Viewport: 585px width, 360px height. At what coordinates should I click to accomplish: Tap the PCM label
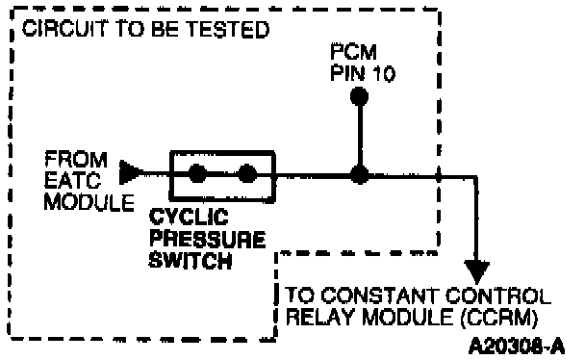click(x=353, y=52)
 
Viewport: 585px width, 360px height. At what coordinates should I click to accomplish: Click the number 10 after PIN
click(x=384, y=73)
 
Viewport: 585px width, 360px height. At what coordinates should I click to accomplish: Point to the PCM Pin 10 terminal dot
click(x=359, y=96)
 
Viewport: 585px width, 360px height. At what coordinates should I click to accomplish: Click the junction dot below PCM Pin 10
click(x=359, y=175)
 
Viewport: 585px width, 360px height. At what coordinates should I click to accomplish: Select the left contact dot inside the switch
click(x=198, y=173)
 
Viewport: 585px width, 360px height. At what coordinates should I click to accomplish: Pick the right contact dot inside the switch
click(x=247, y=173)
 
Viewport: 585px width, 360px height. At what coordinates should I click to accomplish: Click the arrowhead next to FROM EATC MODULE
click(x=130, y=172)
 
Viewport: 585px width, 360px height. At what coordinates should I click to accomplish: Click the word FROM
click(x=76, y=160)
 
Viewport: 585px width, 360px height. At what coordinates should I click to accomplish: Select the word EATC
click(x=73, y=181)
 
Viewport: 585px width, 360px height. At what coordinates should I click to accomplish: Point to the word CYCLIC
click(x=189, y=217)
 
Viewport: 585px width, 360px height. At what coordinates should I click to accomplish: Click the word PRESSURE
click(x=208, y=239)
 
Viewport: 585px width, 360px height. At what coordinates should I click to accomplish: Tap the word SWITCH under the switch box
click(x=191, y=260)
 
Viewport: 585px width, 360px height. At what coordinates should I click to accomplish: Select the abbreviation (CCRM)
click(x=499, y=318)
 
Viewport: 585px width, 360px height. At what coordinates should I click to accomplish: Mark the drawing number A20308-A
click(x=517, y=346)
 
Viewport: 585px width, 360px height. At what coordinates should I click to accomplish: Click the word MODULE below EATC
click(x=89, y=202)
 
